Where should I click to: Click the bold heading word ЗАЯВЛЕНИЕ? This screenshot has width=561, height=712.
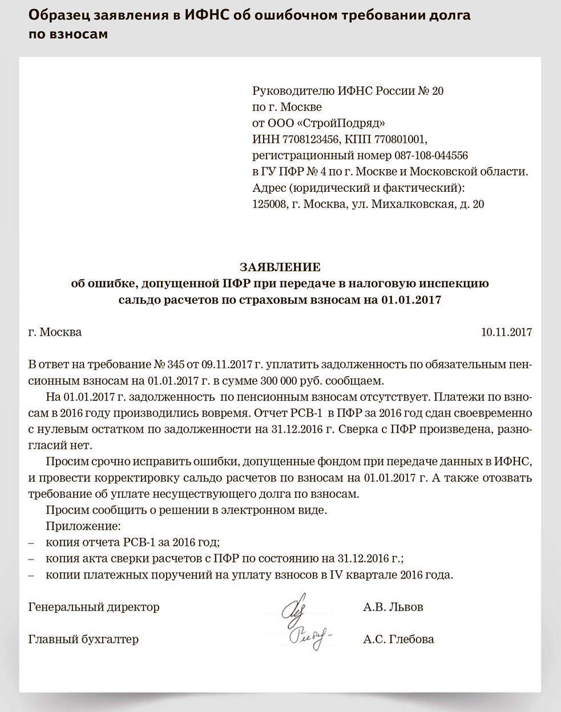point(280,267)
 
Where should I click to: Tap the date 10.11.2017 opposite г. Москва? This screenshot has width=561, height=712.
point(507,332)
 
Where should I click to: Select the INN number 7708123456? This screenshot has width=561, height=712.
point(302,139)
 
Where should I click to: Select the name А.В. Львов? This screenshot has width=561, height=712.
point(393,607)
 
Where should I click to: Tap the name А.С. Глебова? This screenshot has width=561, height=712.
point(398,639)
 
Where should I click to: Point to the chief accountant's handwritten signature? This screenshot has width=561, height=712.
point(308,637)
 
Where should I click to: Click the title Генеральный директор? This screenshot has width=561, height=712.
point(94,607)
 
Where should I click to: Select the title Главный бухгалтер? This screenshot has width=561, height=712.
point(83,639)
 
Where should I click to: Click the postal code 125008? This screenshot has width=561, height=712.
point(269,204)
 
